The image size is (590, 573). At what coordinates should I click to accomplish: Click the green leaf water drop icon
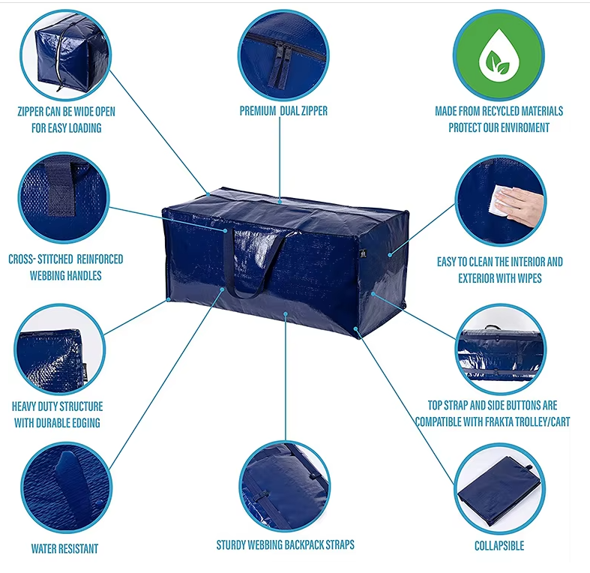click(499, 55)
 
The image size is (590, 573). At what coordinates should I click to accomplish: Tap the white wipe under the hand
click(502, 201)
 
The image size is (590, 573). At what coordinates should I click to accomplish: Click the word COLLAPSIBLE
click(499, 545)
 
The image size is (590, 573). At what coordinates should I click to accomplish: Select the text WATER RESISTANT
click(64, 548)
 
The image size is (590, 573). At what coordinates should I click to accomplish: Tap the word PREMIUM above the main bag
click(258, 111)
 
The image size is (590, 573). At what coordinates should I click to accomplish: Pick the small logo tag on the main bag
click(363, 253)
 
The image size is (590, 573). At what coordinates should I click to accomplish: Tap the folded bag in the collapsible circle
click(499, 490)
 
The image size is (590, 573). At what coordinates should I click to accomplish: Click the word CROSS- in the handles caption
click(22, 259)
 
